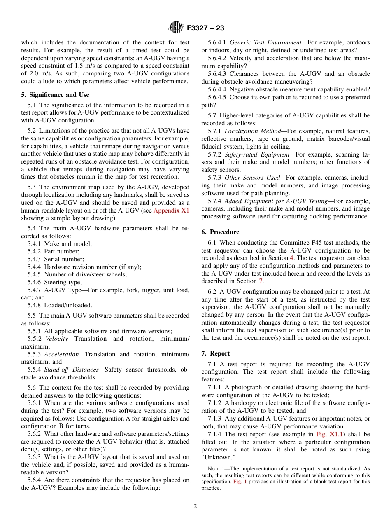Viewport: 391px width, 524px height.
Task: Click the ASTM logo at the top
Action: (177, 28)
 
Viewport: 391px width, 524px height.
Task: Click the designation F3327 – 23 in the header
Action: (205, 28)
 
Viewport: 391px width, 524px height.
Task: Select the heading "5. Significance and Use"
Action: (55, 95)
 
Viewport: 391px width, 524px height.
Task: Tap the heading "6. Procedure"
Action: (220, 232)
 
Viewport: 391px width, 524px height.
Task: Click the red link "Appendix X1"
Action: (171, 211)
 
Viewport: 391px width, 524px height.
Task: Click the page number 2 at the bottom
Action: (195, 506)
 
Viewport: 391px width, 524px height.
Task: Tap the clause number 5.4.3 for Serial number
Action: (34, 259)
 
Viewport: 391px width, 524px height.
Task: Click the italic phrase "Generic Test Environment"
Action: (265, 42)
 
